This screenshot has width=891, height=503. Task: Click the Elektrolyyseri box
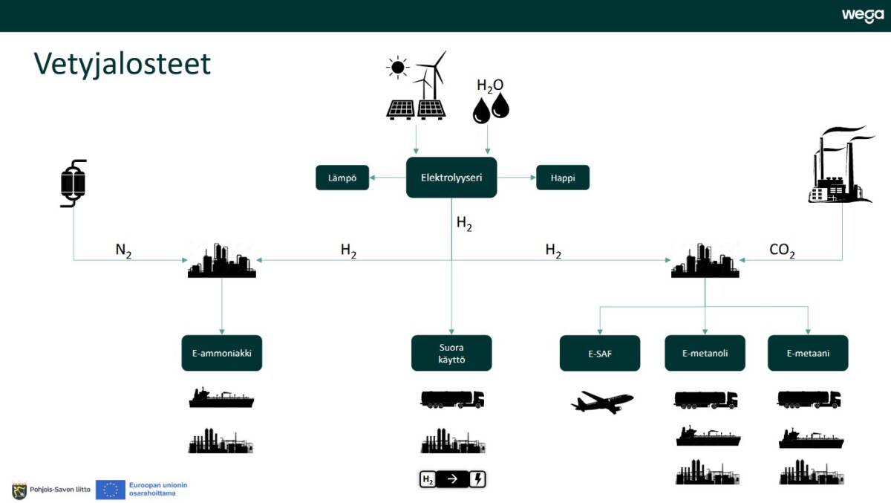(451, 178)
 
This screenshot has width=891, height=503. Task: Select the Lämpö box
(342, 178)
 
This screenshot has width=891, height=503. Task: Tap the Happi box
(562, 178)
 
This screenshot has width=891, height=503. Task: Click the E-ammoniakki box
(222, 353)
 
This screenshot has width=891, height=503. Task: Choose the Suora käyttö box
(451, 353)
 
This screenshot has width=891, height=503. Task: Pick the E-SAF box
(599, 353)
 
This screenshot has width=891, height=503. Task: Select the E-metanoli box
(705, 353)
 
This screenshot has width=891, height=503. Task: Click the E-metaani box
(808, 353)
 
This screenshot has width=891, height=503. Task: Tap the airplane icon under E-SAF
(601, 402)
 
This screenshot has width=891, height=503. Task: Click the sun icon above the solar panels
(398, 68)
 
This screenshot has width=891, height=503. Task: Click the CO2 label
(782, 251)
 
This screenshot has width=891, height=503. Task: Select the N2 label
(123, 251)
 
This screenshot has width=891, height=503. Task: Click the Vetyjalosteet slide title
(123, 64)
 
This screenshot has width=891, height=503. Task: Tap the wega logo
(862, 16)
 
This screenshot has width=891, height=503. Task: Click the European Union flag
(111, 490)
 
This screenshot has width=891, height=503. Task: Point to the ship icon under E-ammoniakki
(221, 398)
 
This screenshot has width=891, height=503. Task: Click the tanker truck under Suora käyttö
(452, 399)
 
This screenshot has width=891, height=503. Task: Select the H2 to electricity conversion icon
(452, 479)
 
